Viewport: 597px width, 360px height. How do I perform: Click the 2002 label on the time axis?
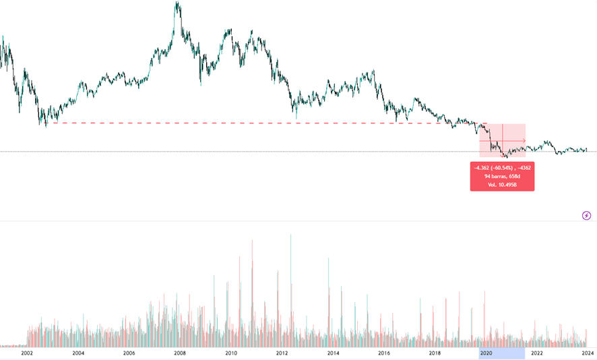(27, 353)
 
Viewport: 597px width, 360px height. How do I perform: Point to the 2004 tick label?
(78, 353)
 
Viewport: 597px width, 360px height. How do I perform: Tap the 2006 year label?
(129, 353)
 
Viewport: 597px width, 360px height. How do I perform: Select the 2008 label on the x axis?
(180, 353)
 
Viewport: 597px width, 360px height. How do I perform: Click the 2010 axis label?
(231, 353)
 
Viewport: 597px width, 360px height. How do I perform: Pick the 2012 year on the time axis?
(282, 353)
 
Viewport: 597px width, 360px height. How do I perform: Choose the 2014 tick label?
(333, 353)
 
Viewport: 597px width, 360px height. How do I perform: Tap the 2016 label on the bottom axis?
(384, 353)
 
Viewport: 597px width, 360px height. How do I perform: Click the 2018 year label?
(435, 353)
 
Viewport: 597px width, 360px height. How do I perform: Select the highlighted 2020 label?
(486, 353)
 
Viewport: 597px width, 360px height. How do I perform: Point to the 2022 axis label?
(537, 353)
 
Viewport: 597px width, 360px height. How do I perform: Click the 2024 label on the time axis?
(588, 353)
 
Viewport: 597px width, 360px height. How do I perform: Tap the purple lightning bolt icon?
(586, 216)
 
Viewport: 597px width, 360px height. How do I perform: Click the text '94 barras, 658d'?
(502, 176)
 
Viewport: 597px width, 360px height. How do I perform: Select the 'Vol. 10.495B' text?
(502, 184)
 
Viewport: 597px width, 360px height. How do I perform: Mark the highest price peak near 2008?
(177, 4)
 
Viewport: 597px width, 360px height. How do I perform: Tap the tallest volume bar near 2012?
(290, 236)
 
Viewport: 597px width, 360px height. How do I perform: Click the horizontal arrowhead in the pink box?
(524, 140)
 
